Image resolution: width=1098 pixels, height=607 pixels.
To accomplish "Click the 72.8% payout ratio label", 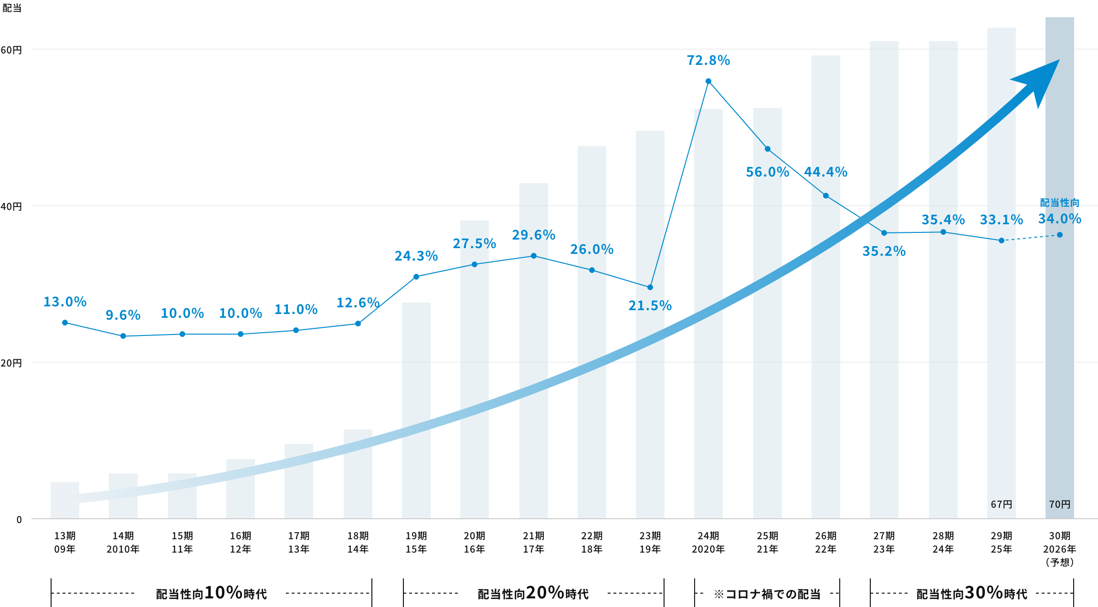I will click(708, 60).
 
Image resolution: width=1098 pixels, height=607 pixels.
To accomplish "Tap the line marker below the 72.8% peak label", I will click(708, 81).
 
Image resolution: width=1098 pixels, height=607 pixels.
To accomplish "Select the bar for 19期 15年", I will click(416, 410).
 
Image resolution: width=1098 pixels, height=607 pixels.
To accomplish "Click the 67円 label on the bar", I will click(1001, 504).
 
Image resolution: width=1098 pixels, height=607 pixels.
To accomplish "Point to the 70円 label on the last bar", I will click(1059, 504).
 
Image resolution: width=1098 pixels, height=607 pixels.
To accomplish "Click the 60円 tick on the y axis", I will click(11, 50).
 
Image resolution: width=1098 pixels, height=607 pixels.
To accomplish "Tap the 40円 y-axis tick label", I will click(11, 207).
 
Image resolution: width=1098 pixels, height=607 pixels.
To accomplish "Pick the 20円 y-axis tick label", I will click(11, 363).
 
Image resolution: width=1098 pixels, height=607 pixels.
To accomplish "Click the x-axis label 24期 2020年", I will click(708, 543).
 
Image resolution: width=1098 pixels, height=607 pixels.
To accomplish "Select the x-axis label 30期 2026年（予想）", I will click(1059, 549).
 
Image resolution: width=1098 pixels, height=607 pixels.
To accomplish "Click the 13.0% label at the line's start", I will click(65, 302).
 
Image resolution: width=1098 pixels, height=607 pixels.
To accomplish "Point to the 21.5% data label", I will click(650, 305).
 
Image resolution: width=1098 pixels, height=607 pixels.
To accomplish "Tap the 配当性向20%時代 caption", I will click(533, 593).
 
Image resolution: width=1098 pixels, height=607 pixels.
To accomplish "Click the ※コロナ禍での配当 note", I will click(767, 594).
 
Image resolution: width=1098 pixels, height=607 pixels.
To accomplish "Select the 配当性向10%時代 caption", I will click(211, 593).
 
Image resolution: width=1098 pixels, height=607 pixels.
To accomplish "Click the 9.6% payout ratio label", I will click(123, 315).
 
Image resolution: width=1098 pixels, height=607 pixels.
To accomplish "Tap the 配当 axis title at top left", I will click(11, 8).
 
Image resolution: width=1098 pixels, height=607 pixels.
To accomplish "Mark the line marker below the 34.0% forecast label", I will click(1059, 235).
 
